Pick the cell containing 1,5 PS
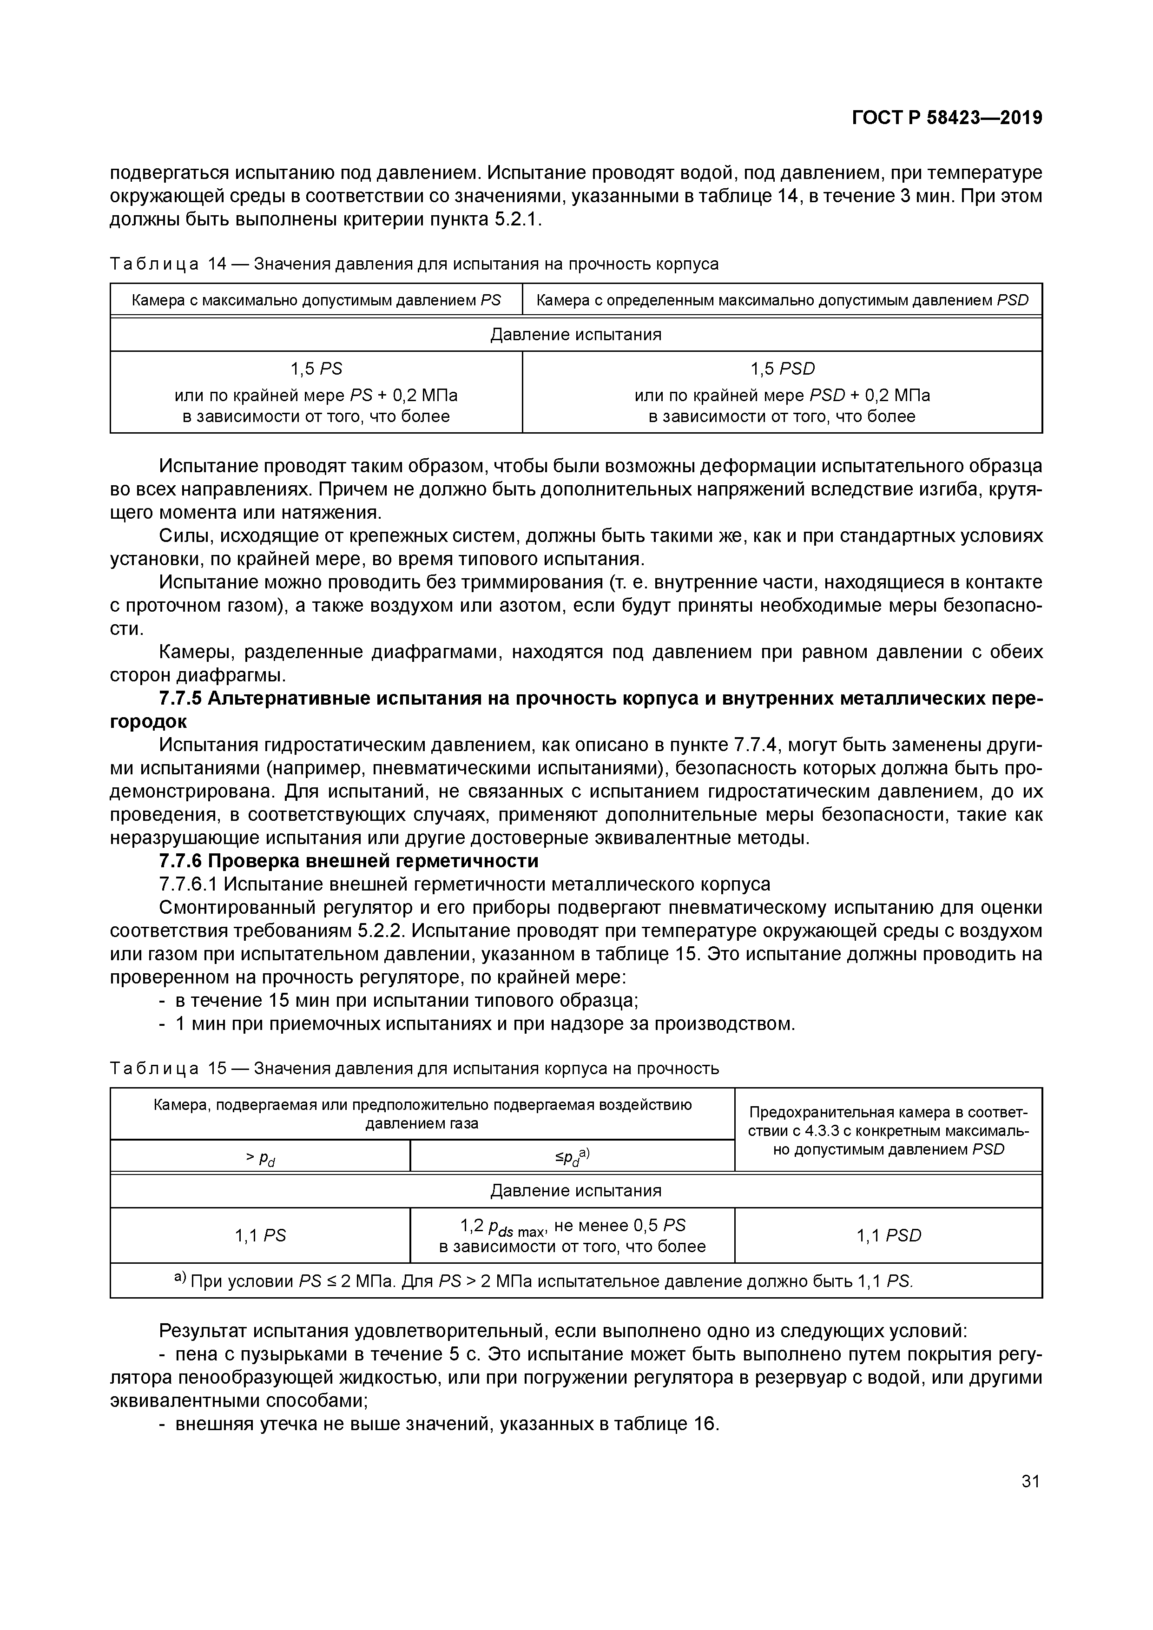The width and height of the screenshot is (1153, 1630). pos(316,392)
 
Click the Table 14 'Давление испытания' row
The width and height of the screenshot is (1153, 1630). pos(576,334)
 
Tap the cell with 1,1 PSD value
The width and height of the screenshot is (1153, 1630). pos(888,1236)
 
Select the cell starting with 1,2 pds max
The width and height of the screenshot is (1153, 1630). pos(572,1236)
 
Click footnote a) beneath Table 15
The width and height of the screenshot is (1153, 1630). pos(543,1281)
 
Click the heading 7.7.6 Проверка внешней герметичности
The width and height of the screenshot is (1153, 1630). pos(349,861)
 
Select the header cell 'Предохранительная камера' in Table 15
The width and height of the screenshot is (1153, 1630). pos(888,1131)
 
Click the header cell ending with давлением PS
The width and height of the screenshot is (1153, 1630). pos(316,300)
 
